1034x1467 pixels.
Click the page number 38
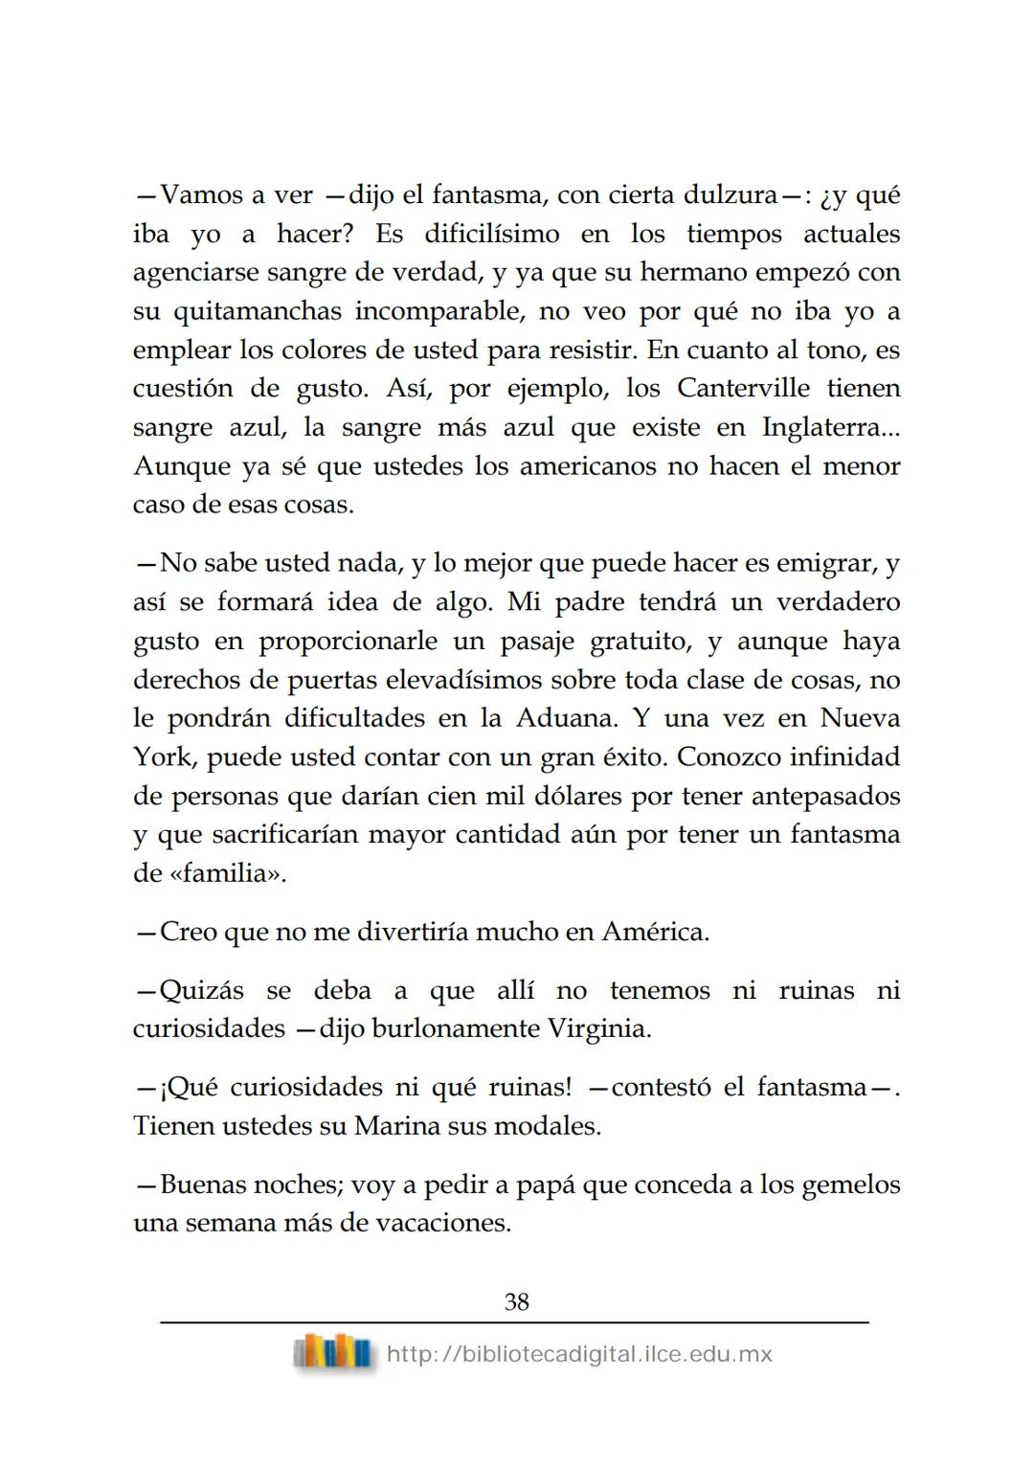tap(516, 1301)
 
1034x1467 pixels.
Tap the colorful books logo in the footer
tap(333, 1353)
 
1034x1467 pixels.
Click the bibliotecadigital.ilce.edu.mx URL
tap(579, 1354)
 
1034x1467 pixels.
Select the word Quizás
tap(202, 990)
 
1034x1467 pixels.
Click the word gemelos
tap(850, 1185)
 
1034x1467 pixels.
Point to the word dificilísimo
tap(491, 235)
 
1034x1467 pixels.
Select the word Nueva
tap(860, 718)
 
